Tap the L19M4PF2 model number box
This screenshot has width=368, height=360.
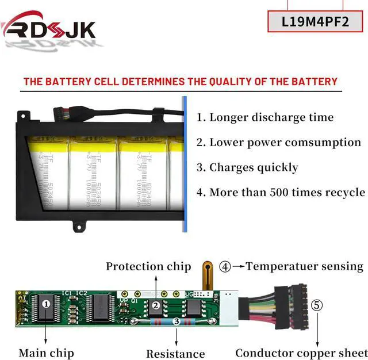pos(315,22)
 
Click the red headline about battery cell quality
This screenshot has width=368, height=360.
pos(180,82)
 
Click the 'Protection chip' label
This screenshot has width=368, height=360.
pos(148,266)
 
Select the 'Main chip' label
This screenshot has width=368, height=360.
pos(46,353)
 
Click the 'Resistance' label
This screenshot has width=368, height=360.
pos(175,354)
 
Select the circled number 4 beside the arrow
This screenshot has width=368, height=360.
pos(225,266)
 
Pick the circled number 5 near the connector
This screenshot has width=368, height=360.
pos(317,305)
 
